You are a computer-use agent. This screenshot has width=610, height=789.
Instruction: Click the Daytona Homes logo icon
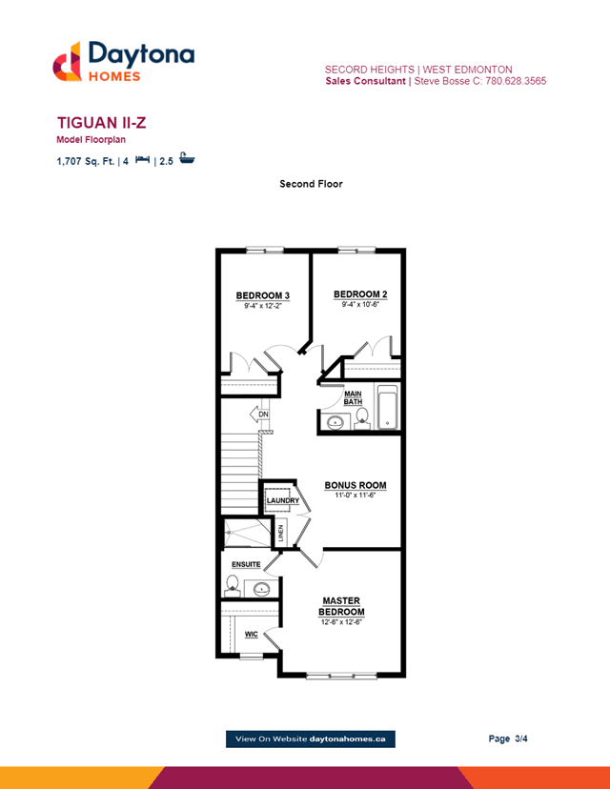tap(67, 61)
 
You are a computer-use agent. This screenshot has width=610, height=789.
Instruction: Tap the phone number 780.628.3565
tap(516, 81)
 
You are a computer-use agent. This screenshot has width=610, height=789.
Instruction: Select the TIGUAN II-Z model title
tap(102, 123)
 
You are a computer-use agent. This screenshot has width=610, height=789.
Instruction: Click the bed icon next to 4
tap(142, 159)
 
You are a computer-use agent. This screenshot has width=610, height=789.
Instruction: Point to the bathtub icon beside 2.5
tap(187, 158)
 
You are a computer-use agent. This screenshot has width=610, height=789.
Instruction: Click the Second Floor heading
tap(311, 184)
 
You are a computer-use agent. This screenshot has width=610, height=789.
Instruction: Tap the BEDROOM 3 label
tap(263, 295)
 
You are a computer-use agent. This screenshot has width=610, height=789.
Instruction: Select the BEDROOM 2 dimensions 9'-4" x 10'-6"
tap(360, 304)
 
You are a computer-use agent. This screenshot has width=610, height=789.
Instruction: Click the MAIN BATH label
tap(353, 397)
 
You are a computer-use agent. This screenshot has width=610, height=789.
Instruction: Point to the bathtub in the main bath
tap(388, 408)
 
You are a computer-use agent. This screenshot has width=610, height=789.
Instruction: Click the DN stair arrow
tap(259, 415)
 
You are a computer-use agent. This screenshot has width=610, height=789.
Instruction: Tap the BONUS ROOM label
tap(356, 485)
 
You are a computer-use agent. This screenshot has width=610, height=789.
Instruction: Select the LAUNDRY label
tap(283, 500)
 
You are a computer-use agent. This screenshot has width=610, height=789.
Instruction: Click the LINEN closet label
tap(281, 533)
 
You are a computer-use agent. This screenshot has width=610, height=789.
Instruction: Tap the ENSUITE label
tap(246, 564)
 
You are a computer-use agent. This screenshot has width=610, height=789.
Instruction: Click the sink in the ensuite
tap(261, 588)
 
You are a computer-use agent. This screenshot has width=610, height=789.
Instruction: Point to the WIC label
tap(251, 635)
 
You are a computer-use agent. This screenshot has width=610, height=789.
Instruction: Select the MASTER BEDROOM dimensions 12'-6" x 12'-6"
tap(341, 622)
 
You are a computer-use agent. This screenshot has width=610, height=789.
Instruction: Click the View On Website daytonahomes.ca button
tap(311, 739)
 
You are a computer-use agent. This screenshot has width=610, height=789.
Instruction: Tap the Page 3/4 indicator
tap(508, 738)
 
